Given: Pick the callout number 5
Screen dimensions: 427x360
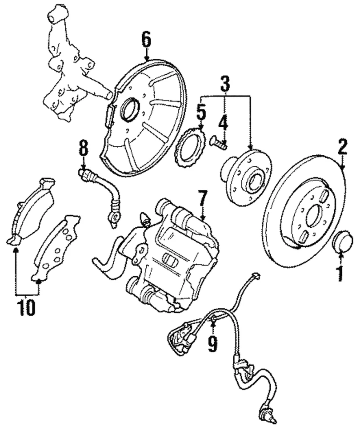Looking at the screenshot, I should pyautogui.click(x=201, y=113).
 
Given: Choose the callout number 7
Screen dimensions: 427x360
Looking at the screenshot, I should pyautogui.click(x=202, y=198).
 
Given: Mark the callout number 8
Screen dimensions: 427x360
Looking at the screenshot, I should pyautogui.click(x=83, y=149).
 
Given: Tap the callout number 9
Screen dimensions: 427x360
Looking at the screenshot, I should pyautogui.click(x=213, y=344).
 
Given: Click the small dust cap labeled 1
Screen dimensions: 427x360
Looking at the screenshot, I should pyautogui.click(x=343, y=241).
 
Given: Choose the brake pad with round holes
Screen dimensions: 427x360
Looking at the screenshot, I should pyautogui.click(x=56, y=249).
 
